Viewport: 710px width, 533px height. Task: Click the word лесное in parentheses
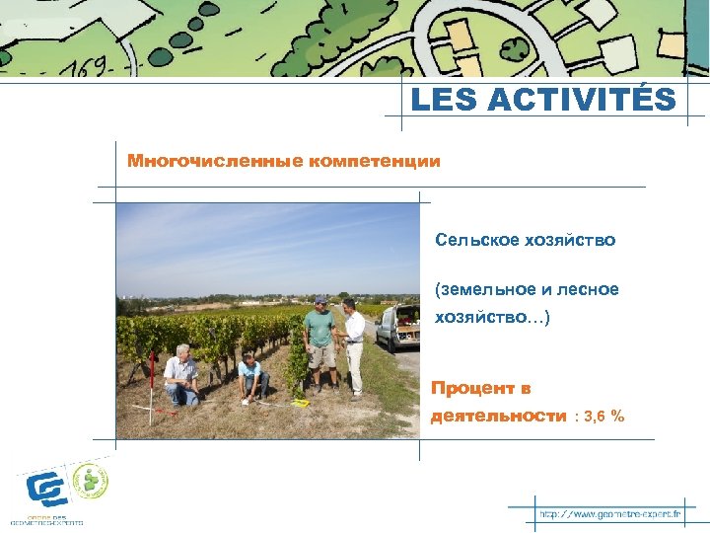click(x=587, y=289)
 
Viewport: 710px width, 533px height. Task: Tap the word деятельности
click(x=498, y=417)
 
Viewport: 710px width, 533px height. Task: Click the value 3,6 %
click(x=603, y=417)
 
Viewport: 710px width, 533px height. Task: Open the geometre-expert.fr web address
click(x=609, y=514)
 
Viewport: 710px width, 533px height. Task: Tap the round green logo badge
click(x=92, y=481)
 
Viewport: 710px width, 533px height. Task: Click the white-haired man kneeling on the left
click(x=181, y=375)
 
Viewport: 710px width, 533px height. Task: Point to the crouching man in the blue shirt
click(x=252, y=378)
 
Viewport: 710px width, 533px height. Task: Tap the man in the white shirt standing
click(x=353, y=345)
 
